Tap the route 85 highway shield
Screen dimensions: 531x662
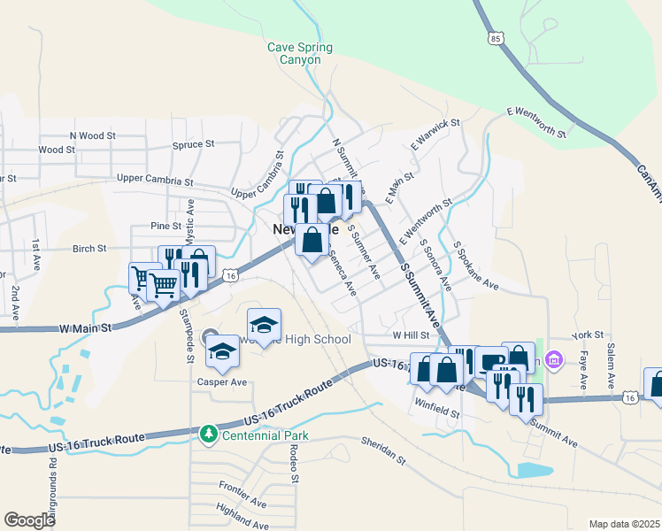495,38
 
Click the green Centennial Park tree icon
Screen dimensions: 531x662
208,435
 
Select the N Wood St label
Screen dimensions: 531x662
92,136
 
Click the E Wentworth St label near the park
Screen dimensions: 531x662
535,122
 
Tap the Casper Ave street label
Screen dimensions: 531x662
221,382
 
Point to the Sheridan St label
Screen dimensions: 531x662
382,450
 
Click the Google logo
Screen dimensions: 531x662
29,519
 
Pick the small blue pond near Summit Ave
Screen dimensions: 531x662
534,469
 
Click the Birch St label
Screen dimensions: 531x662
89,249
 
